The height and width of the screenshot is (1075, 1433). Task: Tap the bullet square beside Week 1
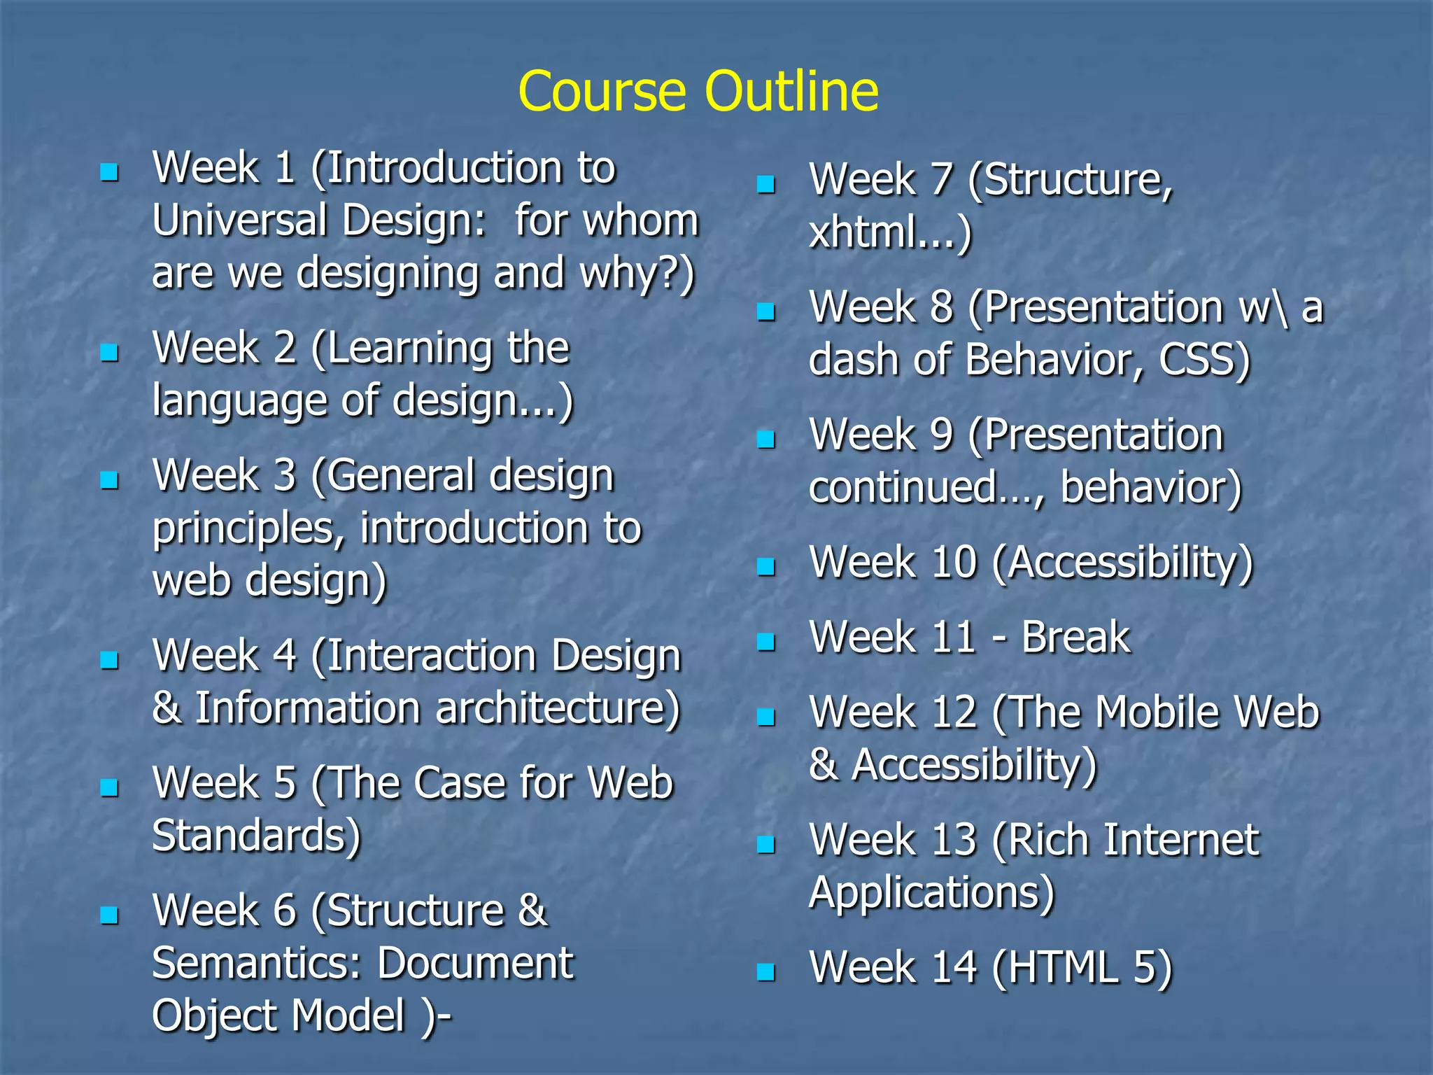109,172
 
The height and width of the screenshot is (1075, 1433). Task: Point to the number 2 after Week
285,348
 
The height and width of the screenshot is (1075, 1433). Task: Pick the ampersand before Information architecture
167,708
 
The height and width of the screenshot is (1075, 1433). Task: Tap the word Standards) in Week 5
256,835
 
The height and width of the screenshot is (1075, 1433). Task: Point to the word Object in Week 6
213,1016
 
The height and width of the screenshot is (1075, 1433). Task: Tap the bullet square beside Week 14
766,972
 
